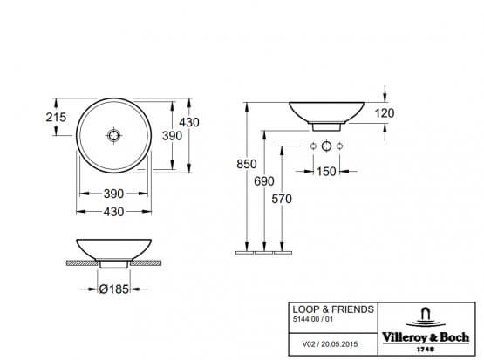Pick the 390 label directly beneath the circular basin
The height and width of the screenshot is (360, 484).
coord(113,193)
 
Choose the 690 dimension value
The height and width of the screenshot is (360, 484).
coord(265,180)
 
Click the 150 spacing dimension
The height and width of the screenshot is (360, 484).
coord(325,171)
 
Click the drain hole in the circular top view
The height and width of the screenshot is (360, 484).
coord(113,136)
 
